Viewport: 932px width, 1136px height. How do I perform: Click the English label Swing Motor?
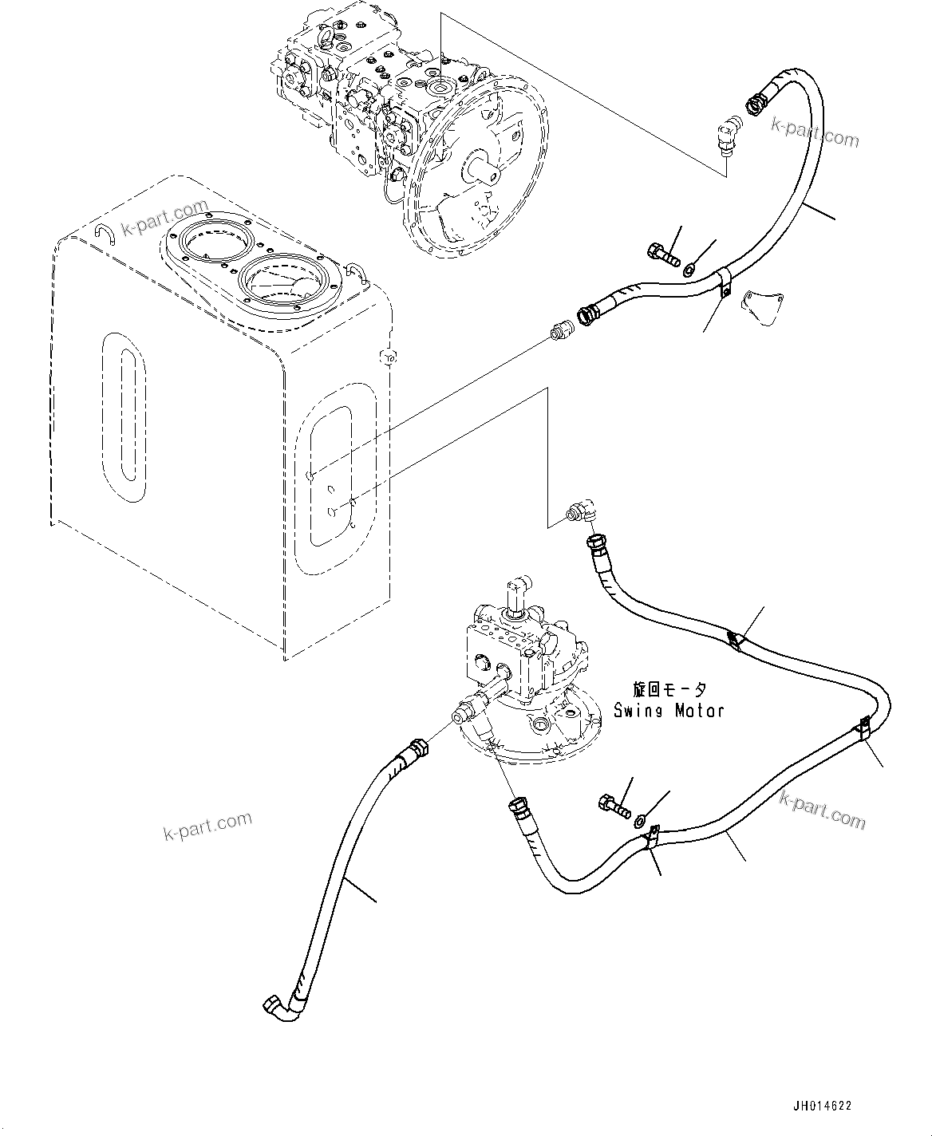(x=669, y=710)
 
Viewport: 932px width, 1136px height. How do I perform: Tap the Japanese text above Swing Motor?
(x=669, y=690)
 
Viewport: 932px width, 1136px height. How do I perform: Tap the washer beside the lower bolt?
(x=641, y=818)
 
